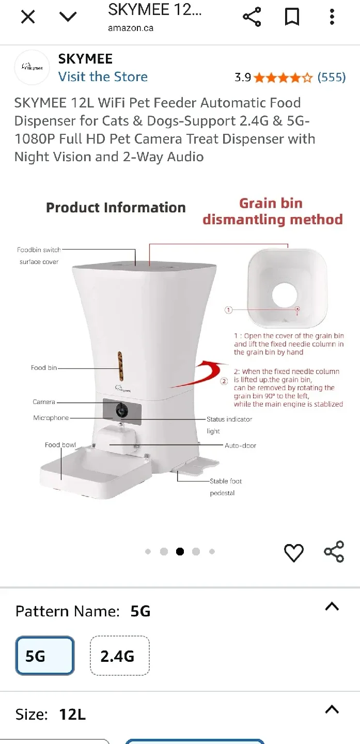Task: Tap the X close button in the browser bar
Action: point(28,17)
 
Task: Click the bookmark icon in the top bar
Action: point(292,17)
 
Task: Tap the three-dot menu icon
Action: point(332,17)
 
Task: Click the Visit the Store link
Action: point(103,76)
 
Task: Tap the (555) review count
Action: point(332,78)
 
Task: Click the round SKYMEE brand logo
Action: point(32,67)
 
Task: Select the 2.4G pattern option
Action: point(119,656)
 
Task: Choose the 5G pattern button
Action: point(45,656)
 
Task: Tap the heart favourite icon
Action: point(294,553)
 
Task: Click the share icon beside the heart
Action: point(334,552)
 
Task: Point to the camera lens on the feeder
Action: point(122,410)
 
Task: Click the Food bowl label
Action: point(60,445)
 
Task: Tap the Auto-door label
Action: point(241,445)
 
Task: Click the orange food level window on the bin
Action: point(121,366)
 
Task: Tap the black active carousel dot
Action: point(180,551)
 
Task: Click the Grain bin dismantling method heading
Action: point(272,211)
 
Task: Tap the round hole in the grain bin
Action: point(285,295)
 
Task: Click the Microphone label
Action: point(51,417)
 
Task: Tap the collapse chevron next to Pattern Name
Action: point(332,607)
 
